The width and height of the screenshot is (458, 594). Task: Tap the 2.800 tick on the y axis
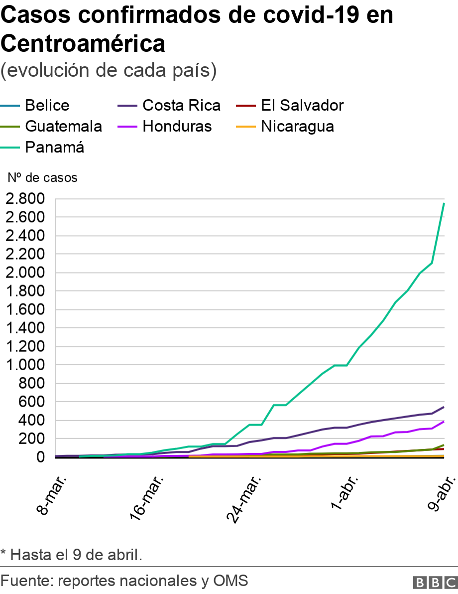tap(25, 199)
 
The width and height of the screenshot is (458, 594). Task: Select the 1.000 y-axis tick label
tap(25, 365)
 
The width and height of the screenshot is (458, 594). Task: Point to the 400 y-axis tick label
tap(33, 421)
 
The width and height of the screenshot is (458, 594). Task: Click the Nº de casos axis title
tap(42, 177)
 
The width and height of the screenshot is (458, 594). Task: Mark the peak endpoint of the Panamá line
tap(444, 203)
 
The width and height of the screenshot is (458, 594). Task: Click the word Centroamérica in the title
tap(83, 44)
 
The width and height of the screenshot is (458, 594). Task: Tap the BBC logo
tap(435, 582)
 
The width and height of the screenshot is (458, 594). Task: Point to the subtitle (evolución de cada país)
tap(109, 71)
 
